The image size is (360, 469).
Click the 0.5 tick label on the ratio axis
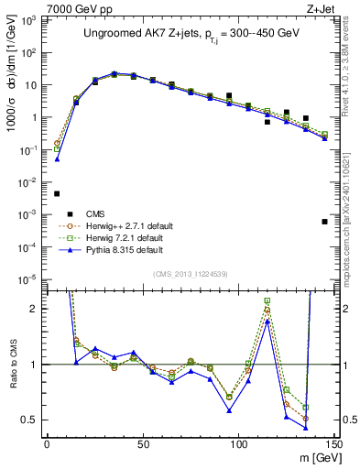pyautogui.click(x=29, y=420)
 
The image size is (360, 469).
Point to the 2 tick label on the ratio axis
pyautogui.click(x=35, y=309)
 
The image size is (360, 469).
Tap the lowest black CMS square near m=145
pyautogui.click(x=324, y=222)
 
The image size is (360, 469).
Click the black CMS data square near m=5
pyautogui.click(x=57, y=193)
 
